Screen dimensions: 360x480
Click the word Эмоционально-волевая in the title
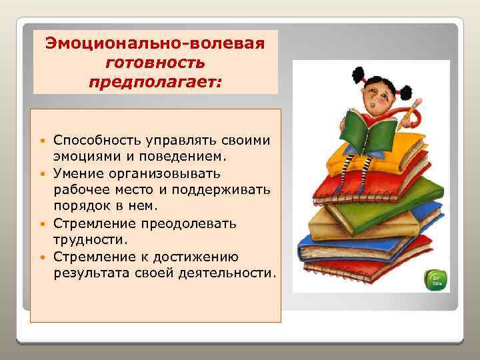(x=155, y=44)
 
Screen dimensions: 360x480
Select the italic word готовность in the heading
(x=155, y=64)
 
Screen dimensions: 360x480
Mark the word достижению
(x=200, y=256)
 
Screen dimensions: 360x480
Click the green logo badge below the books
(x=438, y=280)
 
